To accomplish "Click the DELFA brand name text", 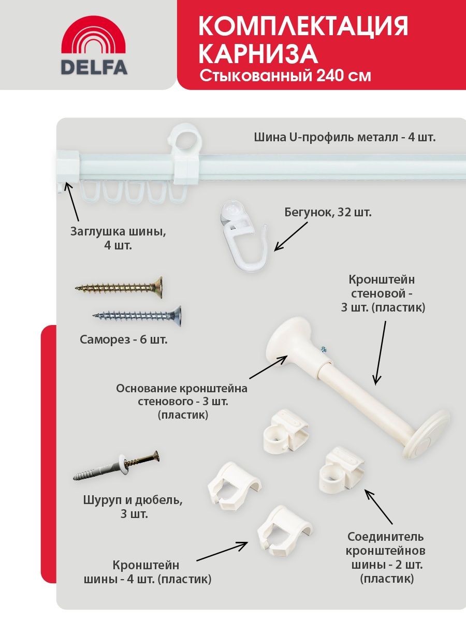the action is point(94,68).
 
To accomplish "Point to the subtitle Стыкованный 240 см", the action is point(285,76).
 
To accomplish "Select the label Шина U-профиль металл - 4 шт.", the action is point(345,138).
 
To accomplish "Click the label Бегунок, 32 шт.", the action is point(328,212).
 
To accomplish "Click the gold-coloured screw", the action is point(119,288).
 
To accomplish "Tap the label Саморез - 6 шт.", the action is point(124,339).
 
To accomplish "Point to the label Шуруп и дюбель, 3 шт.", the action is point(133,507).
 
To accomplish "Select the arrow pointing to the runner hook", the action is point(291,236).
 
